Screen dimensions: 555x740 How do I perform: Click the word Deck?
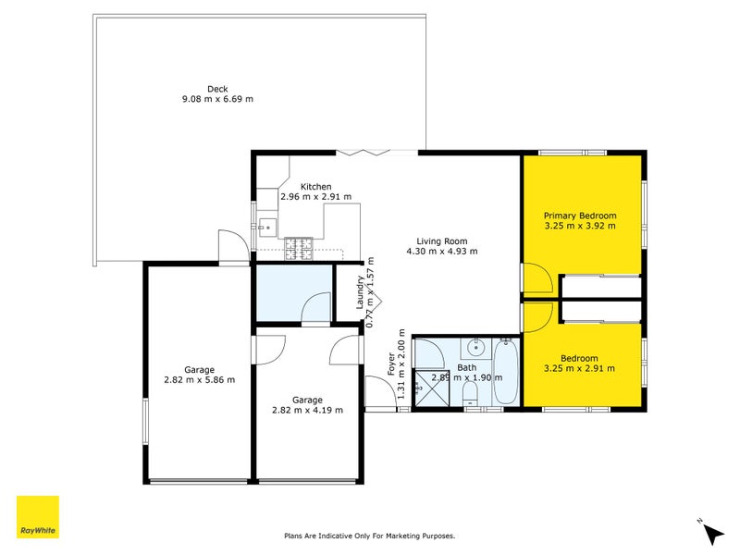[x=217, y=89]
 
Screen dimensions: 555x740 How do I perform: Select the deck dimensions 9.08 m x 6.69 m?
[x=217, y=99]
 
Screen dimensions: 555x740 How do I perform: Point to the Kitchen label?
[x=315, y=187]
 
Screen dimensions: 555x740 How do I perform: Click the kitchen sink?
[x=265, y=225]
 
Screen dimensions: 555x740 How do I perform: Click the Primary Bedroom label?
[x=580, y=216]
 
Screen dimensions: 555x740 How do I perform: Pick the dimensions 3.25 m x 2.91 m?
[x=580, y=368]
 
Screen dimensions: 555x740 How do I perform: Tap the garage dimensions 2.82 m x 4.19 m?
[x=307, y=410]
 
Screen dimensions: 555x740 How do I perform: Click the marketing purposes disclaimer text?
[x=369, y=536]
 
